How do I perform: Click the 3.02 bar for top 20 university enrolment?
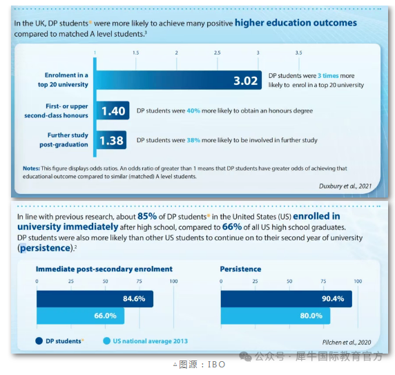tap(179, 80)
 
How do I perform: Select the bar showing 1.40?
tap(113, 110)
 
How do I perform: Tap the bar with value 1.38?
tap(111, 140)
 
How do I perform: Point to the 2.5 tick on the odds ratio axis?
tap(217, 52)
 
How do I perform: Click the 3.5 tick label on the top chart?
tap(298, 52)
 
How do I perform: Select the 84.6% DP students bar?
tap(95, 299)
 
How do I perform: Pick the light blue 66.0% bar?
tap(81, 316)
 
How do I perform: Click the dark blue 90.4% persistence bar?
tap(287, 299)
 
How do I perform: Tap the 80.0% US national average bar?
tap(276, 316)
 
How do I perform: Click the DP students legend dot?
tap(39, 341)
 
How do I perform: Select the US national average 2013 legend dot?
tap(107, 341)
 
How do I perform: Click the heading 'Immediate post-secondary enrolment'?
tap(104, 269)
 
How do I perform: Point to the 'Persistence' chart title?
tap(240, 269)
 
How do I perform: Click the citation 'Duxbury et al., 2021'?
tap(345, 186)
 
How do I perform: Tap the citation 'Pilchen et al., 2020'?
tap(347, 343)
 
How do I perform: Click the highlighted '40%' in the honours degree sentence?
tap(193, 110)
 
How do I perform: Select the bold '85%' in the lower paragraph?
tap(147, 216)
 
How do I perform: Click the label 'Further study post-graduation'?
tap(64, 140)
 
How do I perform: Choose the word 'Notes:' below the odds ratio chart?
tap(31, 169)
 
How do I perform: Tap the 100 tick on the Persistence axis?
tap(358, 281)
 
